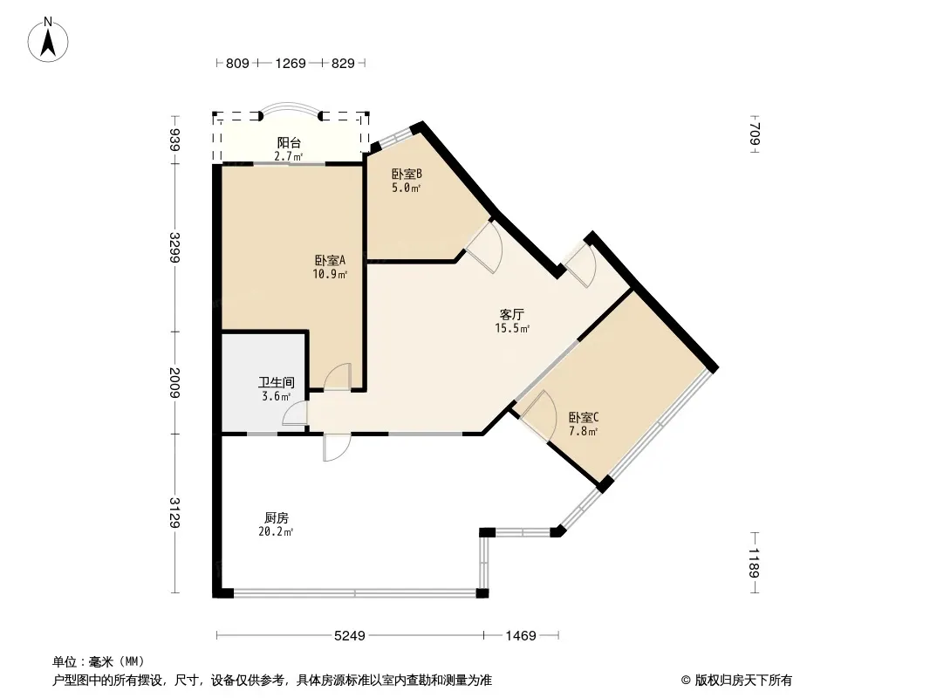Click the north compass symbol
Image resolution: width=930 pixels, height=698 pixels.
coord(49,38)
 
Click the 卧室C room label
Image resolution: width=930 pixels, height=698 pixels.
coord(584,417)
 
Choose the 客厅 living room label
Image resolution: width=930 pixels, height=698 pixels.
coord(512,314)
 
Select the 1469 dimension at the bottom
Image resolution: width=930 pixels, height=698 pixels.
coord(521,636)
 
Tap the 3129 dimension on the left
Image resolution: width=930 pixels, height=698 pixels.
coord(175,513)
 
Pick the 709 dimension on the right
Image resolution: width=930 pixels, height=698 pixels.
coord(755,134)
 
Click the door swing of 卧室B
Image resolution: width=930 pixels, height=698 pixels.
coord(484,246)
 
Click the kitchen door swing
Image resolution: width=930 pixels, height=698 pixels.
coord(336,446)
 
